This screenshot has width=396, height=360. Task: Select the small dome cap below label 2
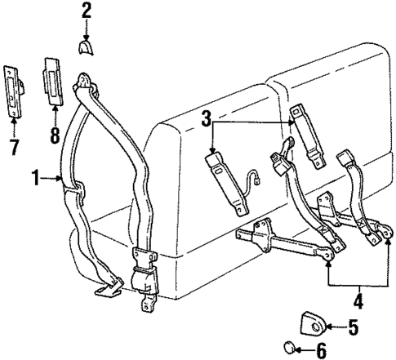[x=87, y=47]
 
